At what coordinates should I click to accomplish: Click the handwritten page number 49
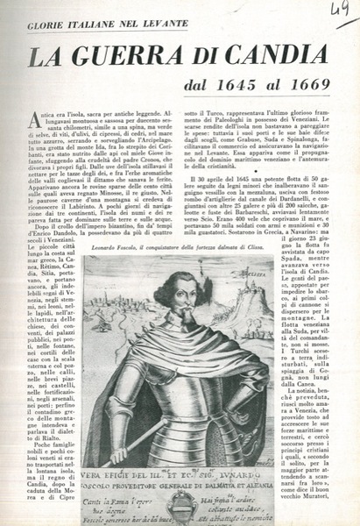click(x=340, y=12)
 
